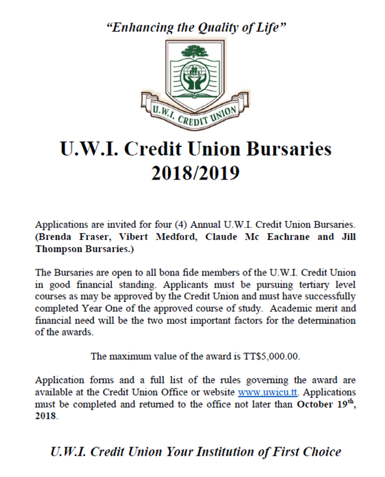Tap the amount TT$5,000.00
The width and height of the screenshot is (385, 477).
[269, 356]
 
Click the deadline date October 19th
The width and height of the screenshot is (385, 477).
[323, 404]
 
